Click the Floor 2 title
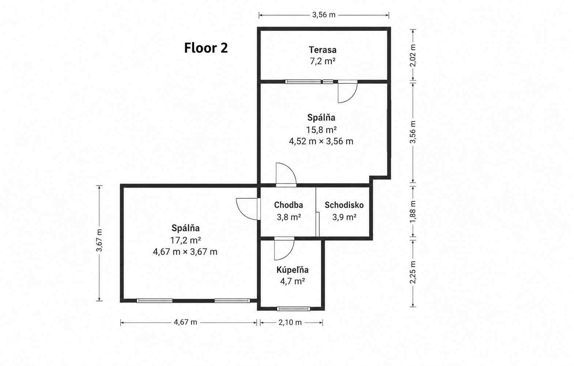tap(206, 48)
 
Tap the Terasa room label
tap(322, 50)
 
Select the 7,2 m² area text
tap(322, 61)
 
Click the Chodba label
tap(288, 205)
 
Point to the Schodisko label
tap(344, 205)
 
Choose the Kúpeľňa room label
tap(292, 269)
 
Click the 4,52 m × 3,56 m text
tap(321, 141)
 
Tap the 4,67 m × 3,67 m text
tap(185, 252)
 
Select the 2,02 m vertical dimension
tap(413, 55)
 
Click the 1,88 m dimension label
tap(413, 212)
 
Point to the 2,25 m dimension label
tap(413, 272)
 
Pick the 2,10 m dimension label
tap(290, 322)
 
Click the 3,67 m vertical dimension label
tap(99, 241)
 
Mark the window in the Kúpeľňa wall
tap(294, 309)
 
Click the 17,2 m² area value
tap(185, 240)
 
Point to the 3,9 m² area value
tap(344, 217)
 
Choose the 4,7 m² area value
tap(292, 282)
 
